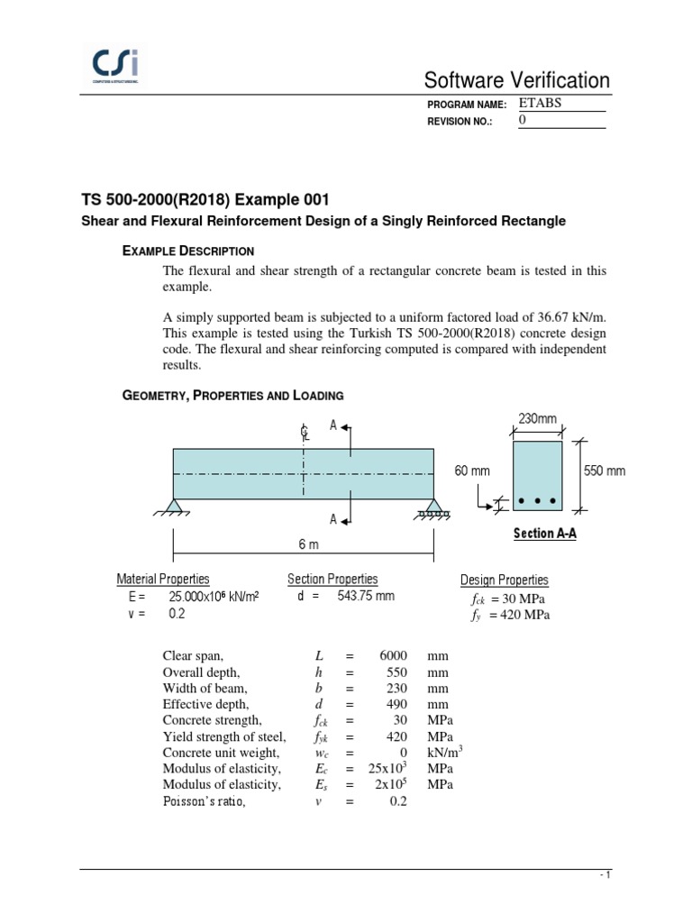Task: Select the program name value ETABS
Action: point(540,103)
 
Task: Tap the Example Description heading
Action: point(187,251)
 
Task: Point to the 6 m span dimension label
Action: point(308,545)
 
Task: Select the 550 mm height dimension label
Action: point(604,471)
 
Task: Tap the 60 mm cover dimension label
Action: point(473,471)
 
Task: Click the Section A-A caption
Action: point(544,534)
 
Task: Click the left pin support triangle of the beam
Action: point(173,506)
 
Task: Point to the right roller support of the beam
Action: point(433,507)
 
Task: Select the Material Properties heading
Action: point(163,579)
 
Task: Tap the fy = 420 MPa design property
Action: point(509,616)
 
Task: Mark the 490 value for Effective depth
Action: point(396,704)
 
